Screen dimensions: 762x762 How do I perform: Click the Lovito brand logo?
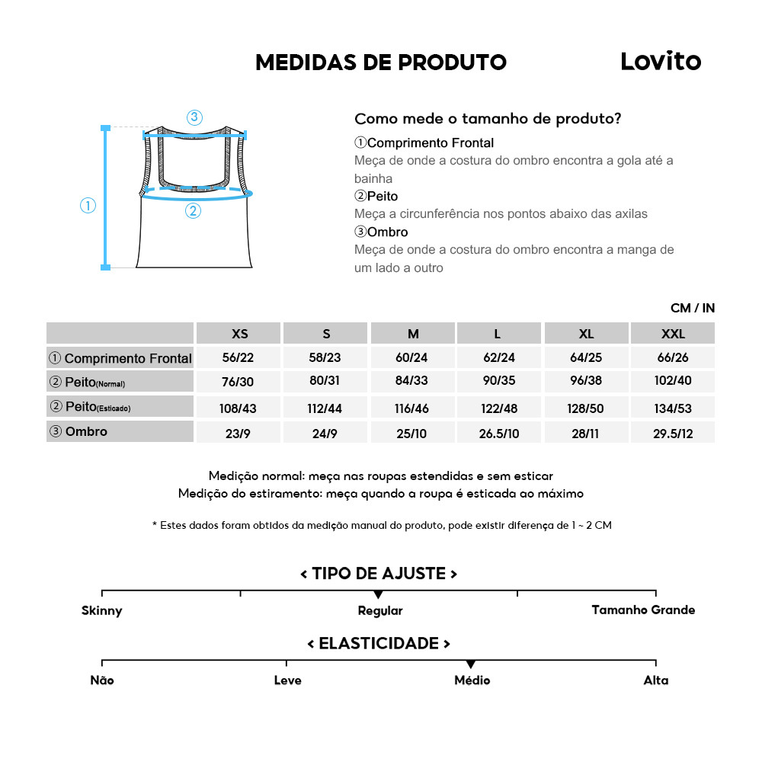(x=660, y=62)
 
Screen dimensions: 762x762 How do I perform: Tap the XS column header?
(x=239, y=334)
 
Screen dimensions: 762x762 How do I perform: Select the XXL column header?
(x=673, y=334)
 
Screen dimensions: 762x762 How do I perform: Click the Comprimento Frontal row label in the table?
(x=120, y=358)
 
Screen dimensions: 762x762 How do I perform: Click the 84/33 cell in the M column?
(x=413, y=382)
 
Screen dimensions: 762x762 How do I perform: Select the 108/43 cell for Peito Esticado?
(x=239, y=408)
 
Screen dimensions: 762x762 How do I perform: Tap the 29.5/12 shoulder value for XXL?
(x=673, y=433)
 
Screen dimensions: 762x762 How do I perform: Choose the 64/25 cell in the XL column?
(x=586, y=357)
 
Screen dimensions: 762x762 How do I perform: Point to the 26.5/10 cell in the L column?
(x=499, y=433)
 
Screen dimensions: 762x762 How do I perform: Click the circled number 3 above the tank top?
(x=194, y=117)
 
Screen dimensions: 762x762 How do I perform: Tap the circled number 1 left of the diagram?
(x=88, y=206)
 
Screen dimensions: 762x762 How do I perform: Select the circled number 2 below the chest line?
(x=193, y=211)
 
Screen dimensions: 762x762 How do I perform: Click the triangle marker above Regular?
(x=379, y=594)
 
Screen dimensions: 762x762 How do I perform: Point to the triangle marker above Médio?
(x=471, y=664)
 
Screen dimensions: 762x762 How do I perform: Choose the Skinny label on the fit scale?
(x=102, y=610)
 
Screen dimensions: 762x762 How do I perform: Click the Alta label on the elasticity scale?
(x=655, y=680)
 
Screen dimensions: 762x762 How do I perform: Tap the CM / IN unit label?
(x=692, y=308)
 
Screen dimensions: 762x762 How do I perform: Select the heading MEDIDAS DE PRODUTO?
(x=381, y=62)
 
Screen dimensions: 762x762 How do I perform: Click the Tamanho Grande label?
(x=643, y=610)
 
